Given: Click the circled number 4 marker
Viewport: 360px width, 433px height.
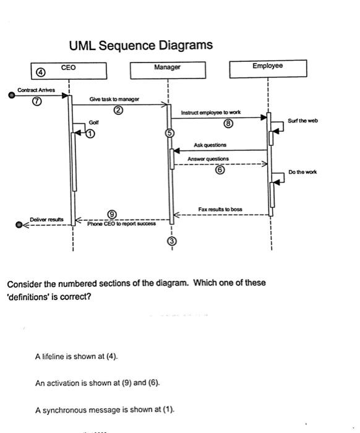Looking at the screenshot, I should pyautogui.click(x=41, y=72).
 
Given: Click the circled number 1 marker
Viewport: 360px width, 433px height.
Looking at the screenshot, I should pyautogui.click(x=91, y=133).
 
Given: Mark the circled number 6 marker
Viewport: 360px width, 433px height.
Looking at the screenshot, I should pyautogui.click(x=219, y=172).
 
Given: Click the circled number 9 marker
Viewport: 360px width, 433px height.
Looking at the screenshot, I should pyautogui.click(x=112, y=214).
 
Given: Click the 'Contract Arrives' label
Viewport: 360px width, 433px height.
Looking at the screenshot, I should pyautogui.click(x=36, y=90).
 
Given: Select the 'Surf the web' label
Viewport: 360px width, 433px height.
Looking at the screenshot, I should pyautogui.click(x=302, y=121).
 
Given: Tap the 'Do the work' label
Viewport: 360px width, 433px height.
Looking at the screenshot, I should pyautogui.click(x=302, y=172).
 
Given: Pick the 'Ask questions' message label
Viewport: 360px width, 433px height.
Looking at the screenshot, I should pyautogui.click(x=210, y=145).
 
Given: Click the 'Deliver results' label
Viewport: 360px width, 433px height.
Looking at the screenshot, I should pyautogui.click(x=46, y=219).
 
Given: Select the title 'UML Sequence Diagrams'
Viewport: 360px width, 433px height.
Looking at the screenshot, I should pyautogui.click(x=141, y=45).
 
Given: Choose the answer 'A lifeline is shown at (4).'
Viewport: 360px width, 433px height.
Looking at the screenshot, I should pyautogui.click(x=76, y=356).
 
